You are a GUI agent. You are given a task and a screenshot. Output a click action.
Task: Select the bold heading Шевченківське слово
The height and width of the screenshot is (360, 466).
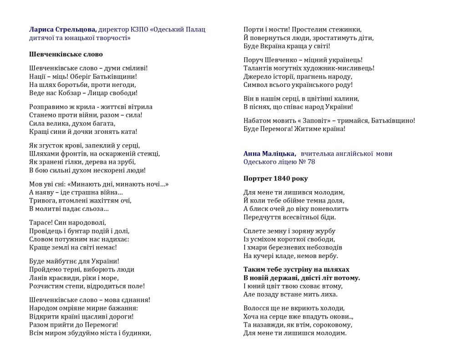[x=66, y=54]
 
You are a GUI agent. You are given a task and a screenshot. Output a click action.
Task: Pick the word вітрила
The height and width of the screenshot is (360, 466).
[x=138, y=106]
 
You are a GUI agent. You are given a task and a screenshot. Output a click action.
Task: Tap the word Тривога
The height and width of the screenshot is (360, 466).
[x=42, y=201]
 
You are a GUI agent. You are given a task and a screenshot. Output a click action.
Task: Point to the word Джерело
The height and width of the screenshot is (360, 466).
[x=258, y=76]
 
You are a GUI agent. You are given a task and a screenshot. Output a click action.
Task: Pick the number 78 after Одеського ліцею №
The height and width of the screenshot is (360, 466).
[x=310, y=162]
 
